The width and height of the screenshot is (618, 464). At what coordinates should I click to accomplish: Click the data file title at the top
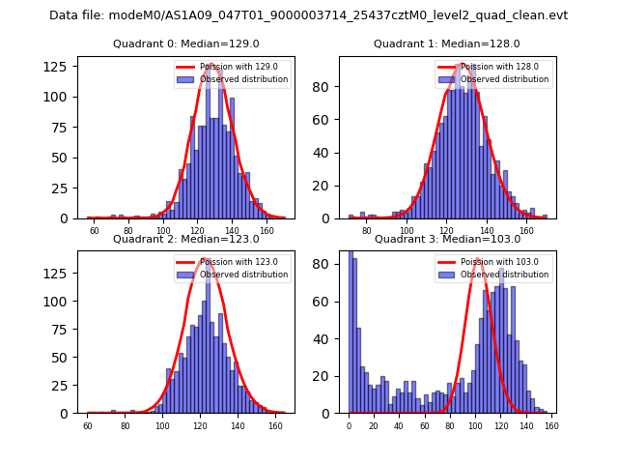[308, 15]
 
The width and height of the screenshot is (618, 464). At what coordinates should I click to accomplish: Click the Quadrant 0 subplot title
[185, 44]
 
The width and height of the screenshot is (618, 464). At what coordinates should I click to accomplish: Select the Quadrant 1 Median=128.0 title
[447, 44]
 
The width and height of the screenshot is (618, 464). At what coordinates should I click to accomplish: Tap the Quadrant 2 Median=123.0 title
[185, 239]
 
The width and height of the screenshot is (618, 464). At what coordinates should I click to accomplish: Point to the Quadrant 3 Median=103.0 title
[447, 239]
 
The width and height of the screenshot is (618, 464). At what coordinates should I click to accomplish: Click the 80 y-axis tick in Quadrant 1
[325, 86]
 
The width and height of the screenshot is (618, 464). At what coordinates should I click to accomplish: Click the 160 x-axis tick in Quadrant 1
[526, 231]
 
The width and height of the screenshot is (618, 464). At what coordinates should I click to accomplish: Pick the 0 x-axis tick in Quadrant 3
[349, 425]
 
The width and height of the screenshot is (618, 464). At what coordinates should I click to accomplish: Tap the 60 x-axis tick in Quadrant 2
[88, 425]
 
